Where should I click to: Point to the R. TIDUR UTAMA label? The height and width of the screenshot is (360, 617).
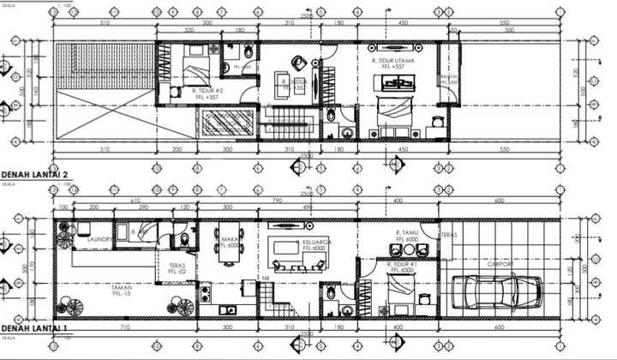393,62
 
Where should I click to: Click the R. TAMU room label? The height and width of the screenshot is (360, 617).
406,232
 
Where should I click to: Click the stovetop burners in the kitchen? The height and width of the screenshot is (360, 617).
206,295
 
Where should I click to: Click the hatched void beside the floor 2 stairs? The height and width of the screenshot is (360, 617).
228,123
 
